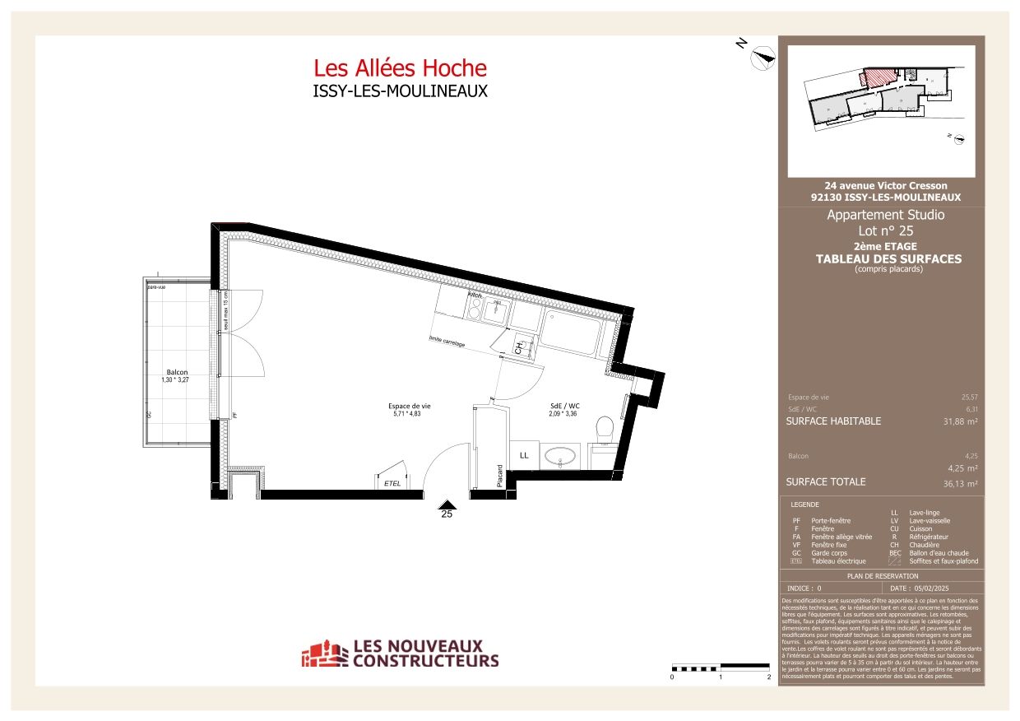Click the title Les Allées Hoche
click(400, 67)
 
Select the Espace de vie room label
click(410, 406)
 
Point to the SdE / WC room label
click(565, 406)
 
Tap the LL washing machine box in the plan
click(524, 455)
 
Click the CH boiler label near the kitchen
click(518, 348)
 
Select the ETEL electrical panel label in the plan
click(392, 483)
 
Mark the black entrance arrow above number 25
click(447, 504)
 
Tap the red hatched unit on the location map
click(877, 78)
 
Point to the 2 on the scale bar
click(768, 677)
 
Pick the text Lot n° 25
click(885, 231)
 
